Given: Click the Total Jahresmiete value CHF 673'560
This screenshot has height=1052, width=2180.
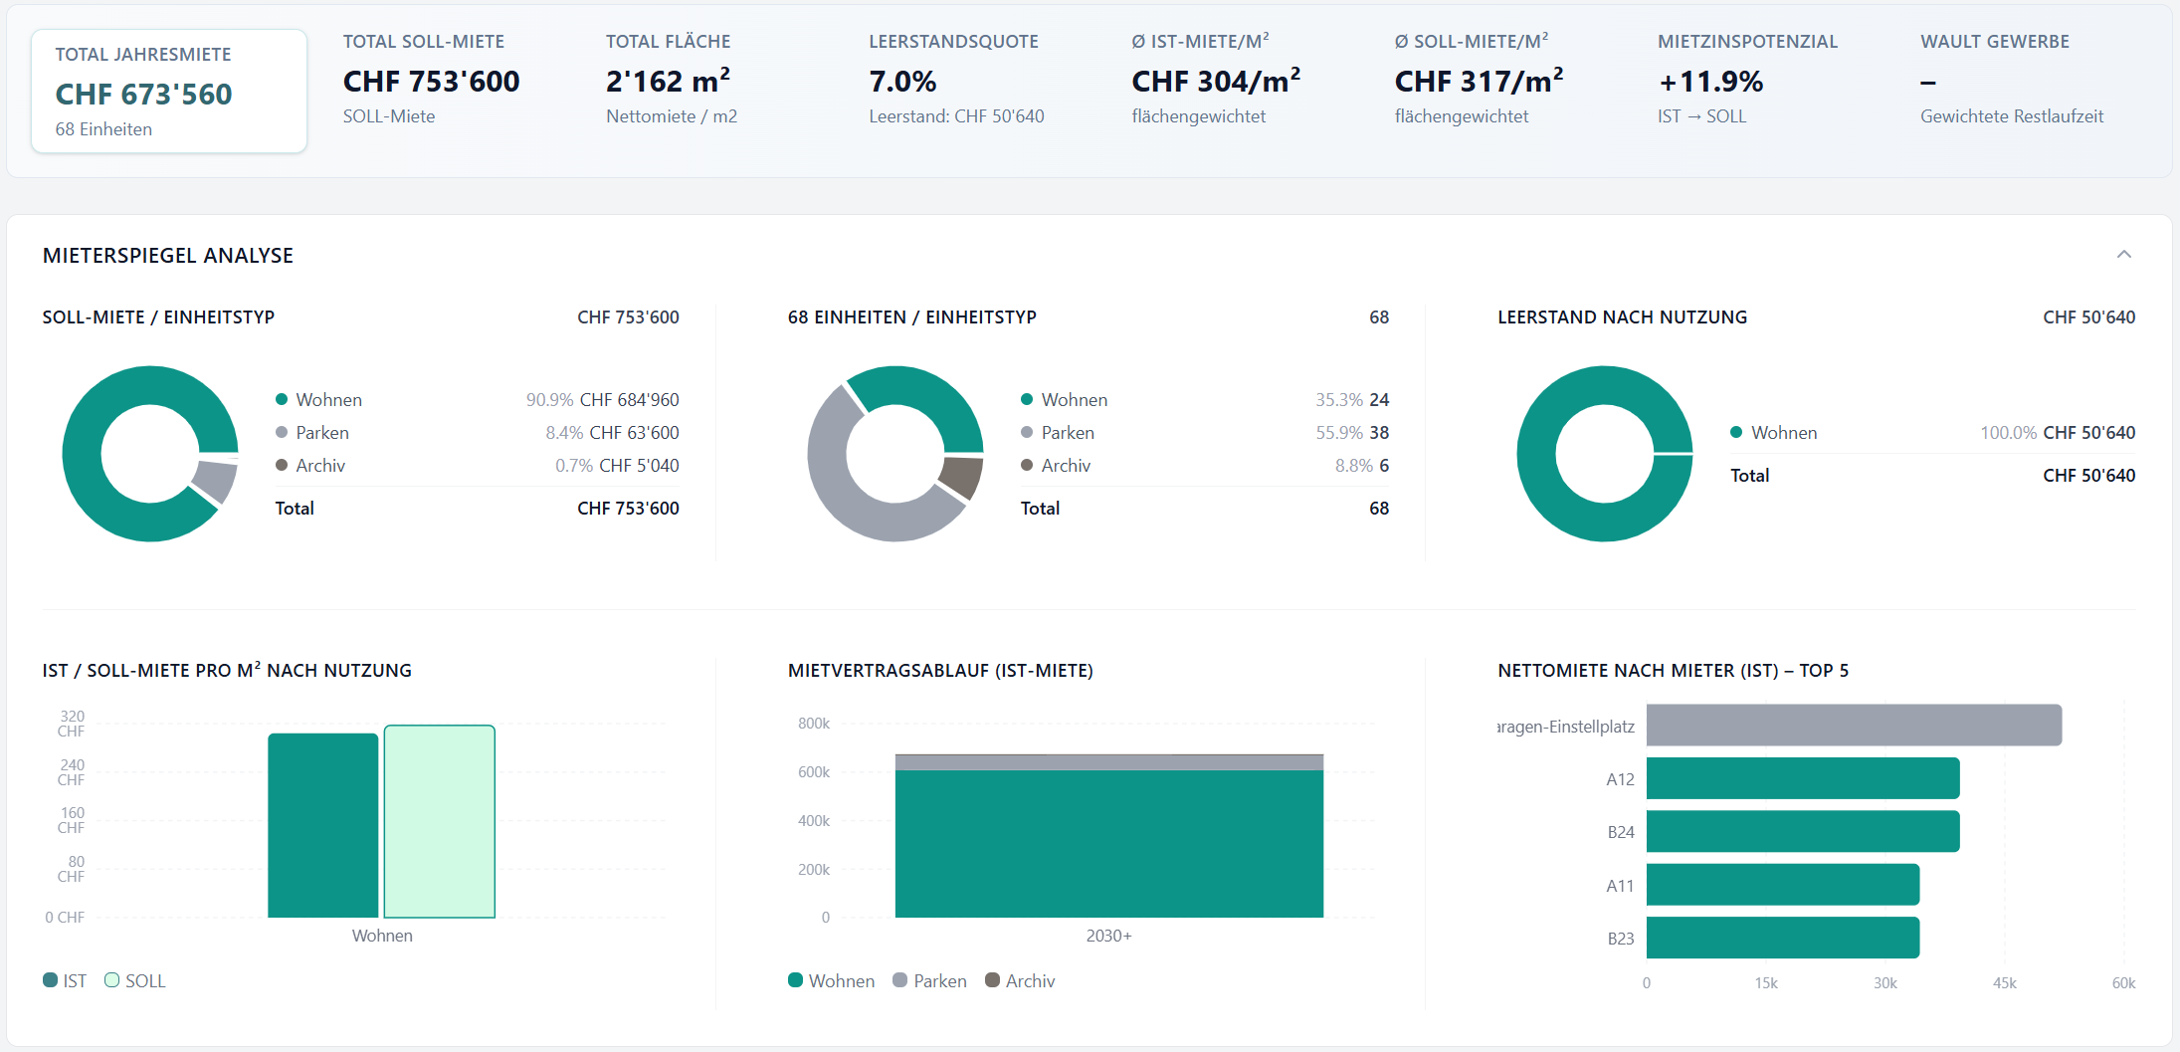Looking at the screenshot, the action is coord(143,94).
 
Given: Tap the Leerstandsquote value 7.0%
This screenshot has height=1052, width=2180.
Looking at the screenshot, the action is coord(902,82).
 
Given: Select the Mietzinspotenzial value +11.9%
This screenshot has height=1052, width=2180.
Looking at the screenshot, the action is coord(1710,82).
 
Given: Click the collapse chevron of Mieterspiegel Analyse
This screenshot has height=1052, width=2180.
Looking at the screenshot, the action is coord(2123,255).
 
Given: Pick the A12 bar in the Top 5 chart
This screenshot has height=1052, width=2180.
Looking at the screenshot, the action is coord(1803,778).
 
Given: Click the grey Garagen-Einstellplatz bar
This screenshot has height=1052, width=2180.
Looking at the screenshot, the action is coord(1854,726).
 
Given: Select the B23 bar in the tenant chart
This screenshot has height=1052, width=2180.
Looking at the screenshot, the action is coord(1783,938).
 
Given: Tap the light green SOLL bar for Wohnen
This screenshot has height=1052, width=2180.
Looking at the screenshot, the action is coord(440,821).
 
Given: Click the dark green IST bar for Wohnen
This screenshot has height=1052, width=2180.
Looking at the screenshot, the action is coord(323,825).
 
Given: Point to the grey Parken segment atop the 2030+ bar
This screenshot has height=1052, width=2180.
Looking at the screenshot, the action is coord(1109,762).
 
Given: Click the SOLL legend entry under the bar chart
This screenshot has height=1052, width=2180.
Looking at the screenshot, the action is coord(135,980).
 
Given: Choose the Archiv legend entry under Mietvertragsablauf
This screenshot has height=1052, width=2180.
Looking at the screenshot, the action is coord(1020,980).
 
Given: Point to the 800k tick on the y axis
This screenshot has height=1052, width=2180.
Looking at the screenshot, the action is coord(814,724).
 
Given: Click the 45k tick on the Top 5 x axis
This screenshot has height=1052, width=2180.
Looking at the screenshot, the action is coord(2004,983).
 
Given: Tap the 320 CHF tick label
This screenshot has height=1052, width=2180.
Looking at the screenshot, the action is coord(72,724).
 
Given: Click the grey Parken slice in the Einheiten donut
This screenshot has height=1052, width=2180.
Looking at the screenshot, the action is coord(856,488).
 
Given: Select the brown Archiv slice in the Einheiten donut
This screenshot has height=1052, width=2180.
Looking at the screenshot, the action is coord(961,476).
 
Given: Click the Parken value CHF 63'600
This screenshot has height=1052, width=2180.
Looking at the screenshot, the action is coord(634,433).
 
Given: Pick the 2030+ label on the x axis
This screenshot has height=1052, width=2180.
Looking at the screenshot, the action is coord(1109,936).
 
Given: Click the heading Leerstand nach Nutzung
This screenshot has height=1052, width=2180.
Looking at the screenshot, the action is coord(1622,317).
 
